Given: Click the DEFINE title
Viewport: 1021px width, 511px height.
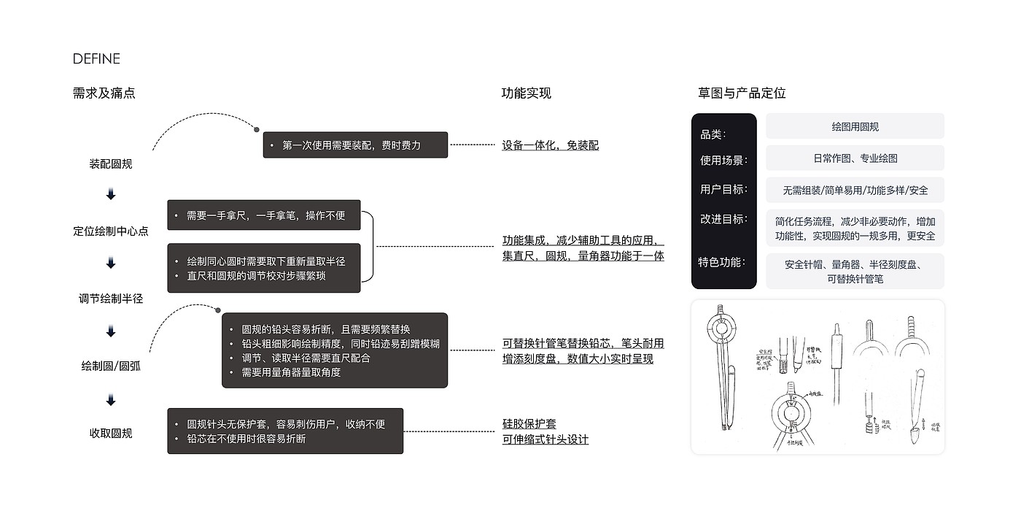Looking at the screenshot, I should tap(96, 59).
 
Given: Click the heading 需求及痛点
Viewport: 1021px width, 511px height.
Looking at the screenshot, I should tap(104, 93).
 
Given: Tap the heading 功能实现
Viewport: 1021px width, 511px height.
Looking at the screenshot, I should tap(526, 93).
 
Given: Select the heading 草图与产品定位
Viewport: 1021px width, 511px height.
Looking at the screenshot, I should tap(742, 93).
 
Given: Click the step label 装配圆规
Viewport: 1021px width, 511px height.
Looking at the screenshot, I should tap(111, 164).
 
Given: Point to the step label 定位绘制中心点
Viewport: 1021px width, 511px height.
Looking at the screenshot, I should tap(111, 231).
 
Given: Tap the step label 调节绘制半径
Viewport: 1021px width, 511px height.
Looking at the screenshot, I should tap(111, 299).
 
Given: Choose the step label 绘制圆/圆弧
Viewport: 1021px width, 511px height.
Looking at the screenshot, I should tap(111, 366).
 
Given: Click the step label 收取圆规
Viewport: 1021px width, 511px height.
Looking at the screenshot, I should tap(111, 434).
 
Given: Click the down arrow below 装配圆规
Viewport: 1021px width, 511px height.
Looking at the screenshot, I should tap(111, 195).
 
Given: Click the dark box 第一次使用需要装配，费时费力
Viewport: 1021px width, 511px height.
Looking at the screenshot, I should tap(355, 145).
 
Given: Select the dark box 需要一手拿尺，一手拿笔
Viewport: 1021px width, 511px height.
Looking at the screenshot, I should tap(264, 215).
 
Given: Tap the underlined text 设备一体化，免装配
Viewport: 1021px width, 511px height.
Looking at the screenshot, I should tap(550, 145).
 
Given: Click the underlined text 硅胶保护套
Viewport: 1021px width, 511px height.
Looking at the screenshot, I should tap(529, 424).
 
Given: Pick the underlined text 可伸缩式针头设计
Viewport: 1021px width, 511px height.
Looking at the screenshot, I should tap(545, 439).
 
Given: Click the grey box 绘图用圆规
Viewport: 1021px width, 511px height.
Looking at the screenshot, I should tap(855, 126).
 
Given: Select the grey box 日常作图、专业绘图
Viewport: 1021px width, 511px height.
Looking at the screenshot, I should tap(855, 158).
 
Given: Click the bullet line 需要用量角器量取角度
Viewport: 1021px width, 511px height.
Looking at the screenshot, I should tap(291, 372).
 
